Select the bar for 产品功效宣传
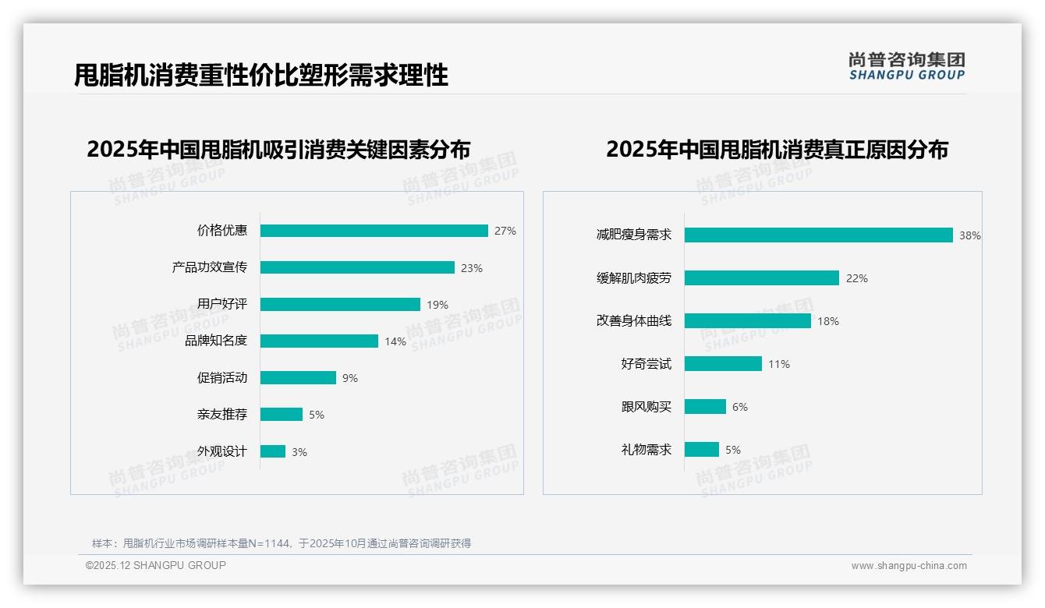tap(357, 267)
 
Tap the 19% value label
tap(437, 305)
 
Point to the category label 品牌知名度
tap(216, 341)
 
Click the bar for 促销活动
tap(298, 377)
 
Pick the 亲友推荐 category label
tap(222, 414)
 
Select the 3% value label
tap(299, 452)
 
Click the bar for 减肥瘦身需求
tap(819, 235)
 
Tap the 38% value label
tap(970, 235)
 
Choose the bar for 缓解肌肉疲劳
tap(762, 277)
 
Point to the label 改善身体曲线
tap(634, 320)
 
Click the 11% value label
tap(779, 364)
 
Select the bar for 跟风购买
tap(705, 406)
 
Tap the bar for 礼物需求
tap(702, 449)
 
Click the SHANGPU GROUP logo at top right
tap(906, 66)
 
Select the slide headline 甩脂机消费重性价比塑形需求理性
tap(261, 76)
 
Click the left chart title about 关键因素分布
tap(278, 150)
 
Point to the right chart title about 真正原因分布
tap(777, 150)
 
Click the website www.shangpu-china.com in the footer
tap(909, 566)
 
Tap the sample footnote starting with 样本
tap(282, 543)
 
